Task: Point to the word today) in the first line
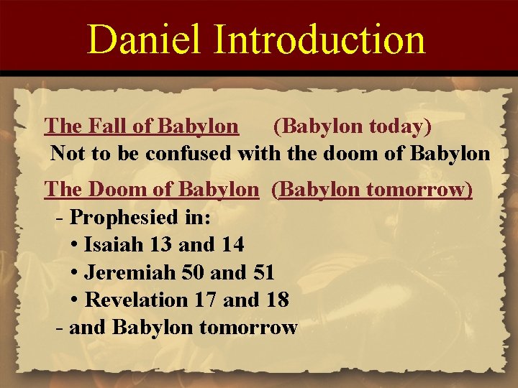(400, 126)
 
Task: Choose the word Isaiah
(114, 244)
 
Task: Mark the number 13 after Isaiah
(162, 244)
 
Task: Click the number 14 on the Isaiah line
(231, 244)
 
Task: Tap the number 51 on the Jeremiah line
(262, 272)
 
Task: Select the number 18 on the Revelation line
(276, 300)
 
